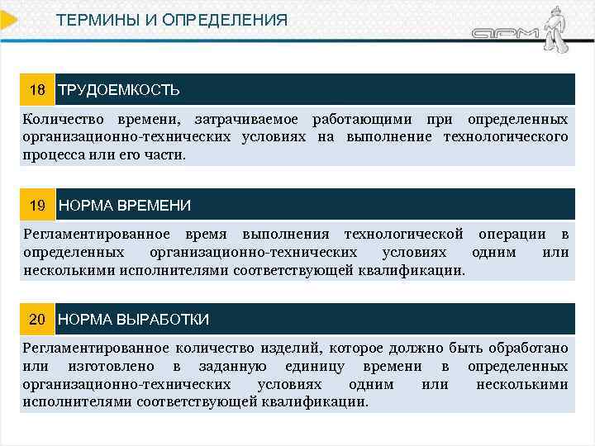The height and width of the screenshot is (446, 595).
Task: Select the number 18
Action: tap(37, 89)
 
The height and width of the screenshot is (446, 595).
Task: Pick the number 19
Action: tap(37, 204)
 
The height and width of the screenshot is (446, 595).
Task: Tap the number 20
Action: tap(37, 319)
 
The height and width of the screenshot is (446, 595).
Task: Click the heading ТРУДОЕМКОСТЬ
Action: tap(119, 89)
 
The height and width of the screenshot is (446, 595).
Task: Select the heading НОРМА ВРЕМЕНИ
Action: tap(125, 204)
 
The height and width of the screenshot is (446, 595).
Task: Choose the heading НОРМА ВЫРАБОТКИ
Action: tap(134, 319)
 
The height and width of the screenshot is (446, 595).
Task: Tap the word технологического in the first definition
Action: tap(506, 136)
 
